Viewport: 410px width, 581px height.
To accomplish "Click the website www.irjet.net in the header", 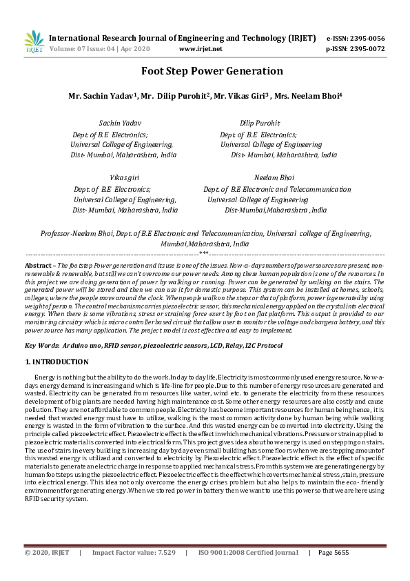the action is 200,49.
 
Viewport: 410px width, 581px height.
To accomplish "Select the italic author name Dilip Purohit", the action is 260,123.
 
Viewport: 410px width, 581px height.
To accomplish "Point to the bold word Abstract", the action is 39,265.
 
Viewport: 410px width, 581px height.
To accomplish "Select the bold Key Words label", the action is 41,344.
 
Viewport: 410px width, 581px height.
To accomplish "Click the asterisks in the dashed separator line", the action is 204,255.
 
